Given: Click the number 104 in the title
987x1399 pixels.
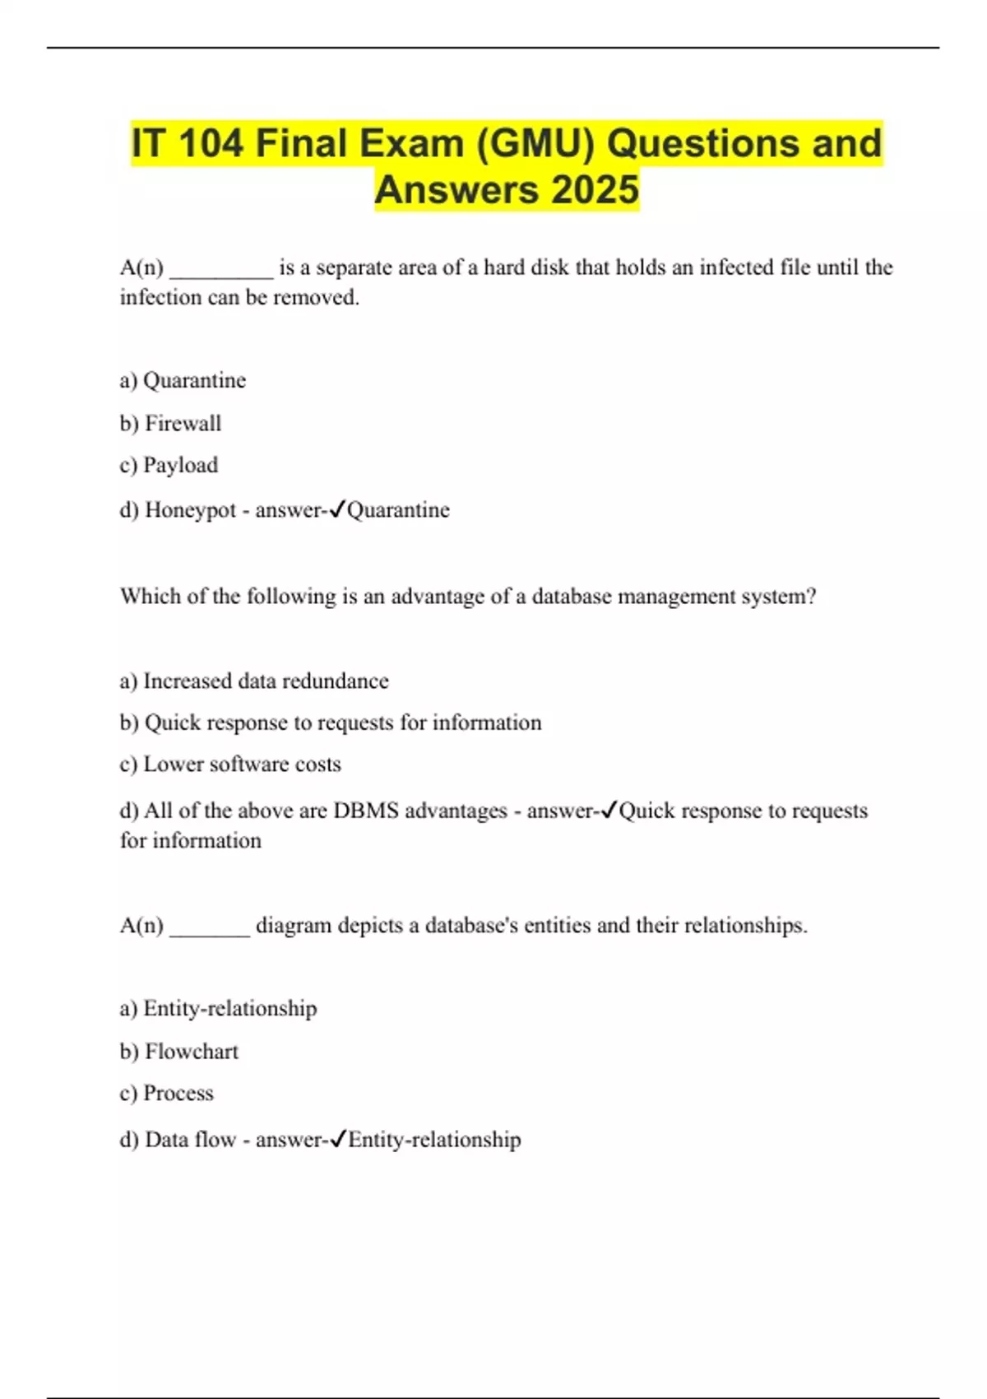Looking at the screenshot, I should click(x=210, y=143).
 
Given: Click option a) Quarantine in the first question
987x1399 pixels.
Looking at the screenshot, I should click(x=183, y=380).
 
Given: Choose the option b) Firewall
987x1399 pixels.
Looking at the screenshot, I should click(x=170, y=423).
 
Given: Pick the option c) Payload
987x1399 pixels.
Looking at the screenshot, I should click(x=169, y=465).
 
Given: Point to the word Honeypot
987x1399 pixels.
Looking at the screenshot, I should click(x=190, y=510).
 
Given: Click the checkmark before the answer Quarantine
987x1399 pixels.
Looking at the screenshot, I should click(x=336, y=510).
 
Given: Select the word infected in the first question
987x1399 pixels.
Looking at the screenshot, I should click(x=737, y=267).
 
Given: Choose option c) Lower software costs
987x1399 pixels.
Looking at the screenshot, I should click(x=230, y=765).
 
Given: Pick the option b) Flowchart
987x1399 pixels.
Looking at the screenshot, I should click(x=178, y=1052).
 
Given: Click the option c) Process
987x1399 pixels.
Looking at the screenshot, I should click(x=166, y=1094).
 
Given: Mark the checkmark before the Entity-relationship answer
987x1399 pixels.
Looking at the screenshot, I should click(x=336, y=1140).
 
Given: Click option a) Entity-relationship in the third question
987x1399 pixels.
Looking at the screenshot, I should click(x=218, y=1009).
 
